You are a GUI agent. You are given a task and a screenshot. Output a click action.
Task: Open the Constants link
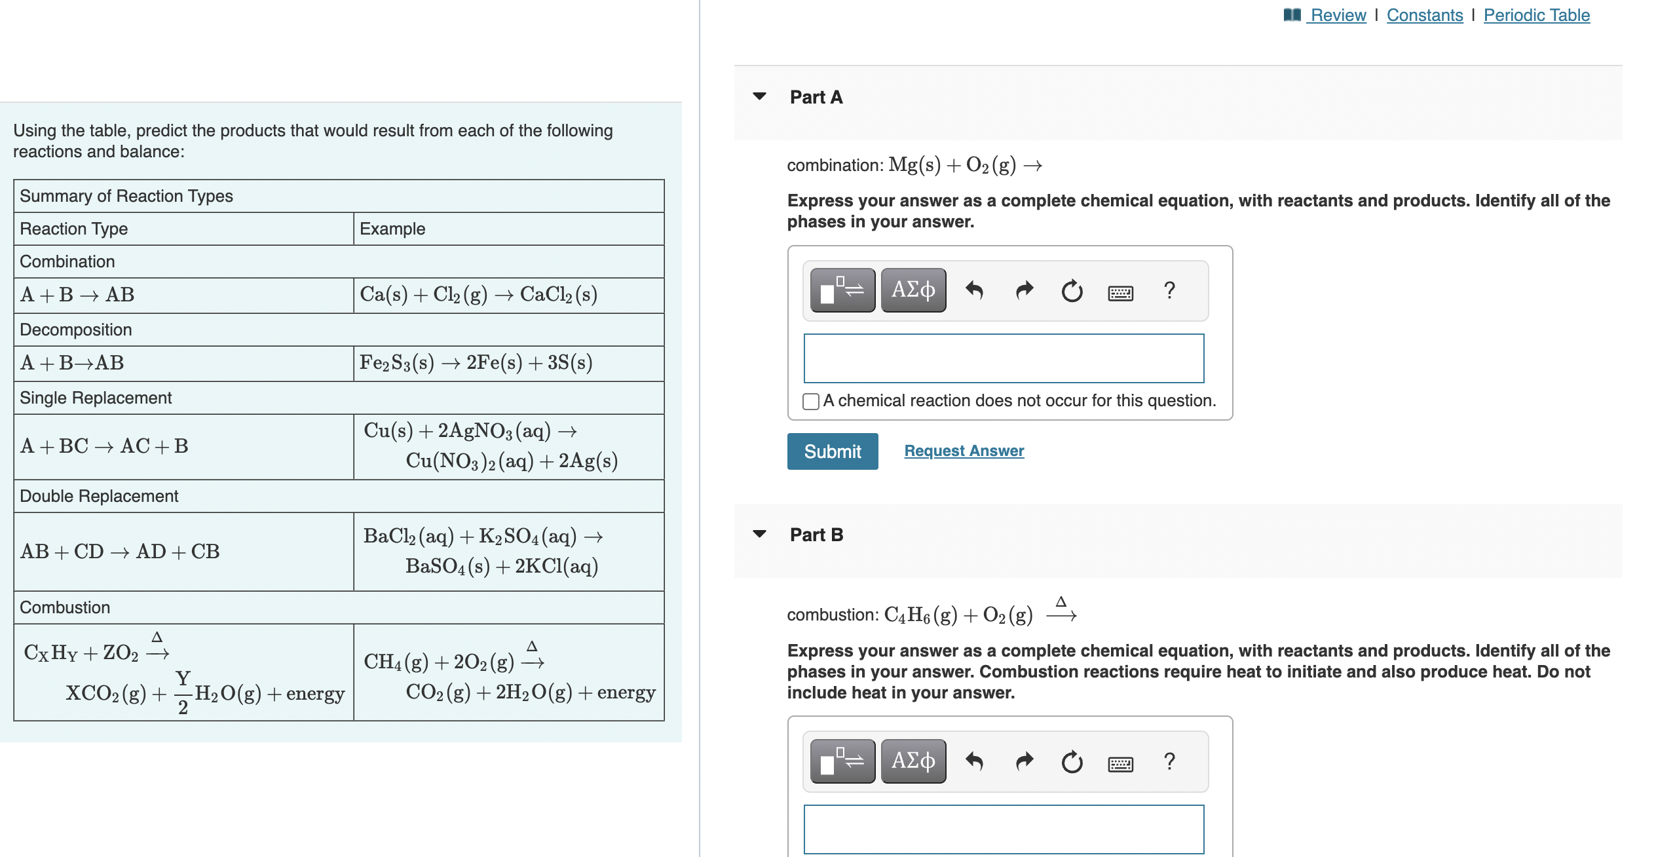1424,15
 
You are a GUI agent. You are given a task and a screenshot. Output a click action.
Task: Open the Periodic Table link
1536,15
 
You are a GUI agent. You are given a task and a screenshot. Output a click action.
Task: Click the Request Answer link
964,451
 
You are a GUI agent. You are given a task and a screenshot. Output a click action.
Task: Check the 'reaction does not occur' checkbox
810,401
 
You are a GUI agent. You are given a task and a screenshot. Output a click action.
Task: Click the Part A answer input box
1003,358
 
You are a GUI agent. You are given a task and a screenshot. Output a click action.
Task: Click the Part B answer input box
1003,829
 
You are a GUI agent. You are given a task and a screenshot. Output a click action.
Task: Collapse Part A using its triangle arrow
760,96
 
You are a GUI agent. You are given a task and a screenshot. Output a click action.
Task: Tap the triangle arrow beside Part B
760,534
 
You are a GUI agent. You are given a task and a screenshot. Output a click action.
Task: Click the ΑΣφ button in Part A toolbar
913,290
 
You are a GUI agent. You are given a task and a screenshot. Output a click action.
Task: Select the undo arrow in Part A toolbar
974,290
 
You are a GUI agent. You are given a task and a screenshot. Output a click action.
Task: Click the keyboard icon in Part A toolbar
1120,292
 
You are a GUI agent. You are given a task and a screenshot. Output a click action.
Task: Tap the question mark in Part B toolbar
1169,761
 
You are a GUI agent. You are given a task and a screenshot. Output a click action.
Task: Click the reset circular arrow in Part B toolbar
1072,761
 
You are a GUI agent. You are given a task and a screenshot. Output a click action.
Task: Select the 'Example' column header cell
392,229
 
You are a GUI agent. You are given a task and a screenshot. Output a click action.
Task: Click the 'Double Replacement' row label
99,496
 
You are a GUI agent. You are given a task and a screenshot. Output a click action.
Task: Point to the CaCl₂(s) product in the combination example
558,295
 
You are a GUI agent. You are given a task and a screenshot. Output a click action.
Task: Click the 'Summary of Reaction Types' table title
126,196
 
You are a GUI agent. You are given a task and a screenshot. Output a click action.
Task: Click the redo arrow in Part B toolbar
1024,761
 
